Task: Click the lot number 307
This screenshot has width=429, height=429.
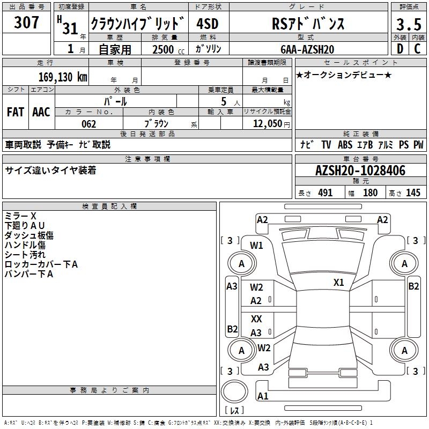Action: coord(26,23)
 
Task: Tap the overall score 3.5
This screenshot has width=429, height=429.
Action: coord(409,24)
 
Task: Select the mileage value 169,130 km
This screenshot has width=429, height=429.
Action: coord(63,77)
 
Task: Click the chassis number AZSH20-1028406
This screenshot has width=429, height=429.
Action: coord(360,171)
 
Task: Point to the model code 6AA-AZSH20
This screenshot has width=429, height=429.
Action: coord(307,49)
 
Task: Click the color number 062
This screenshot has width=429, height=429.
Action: coord(89,124)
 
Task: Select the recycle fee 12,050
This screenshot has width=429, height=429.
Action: coord(267,123)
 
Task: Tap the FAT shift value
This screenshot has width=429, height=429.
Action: coord(16,112)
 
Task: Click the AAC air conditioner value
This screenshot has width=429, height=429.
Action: coord(41,112)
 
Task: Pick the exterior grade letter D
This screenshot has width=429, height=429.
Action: coord(400,49)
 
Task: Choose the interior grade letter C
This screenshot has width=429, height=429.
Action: coord(417,49)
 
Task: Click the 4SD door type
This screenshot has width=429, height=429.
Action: coord(208,24)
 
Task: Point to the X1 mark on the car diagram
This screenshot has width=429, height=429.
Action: coord(338,283)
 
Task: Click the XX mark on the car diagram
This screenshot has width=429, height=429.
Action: coord(256,319)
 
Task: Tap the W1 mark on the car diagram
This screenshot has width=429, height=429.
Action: coord(256,246)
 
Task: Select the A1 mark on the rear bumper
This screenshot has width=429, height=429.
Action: coord(263,396)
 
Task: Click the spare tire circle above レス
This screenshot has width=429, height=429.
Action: coord(234,391)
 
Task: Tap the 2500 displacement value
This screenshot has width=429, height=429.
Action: coord(163,49)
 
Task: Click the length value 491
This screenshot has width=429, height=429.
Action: coord(326,193)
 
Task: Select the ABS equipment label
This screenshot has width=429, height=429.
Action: coord(345,145)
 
